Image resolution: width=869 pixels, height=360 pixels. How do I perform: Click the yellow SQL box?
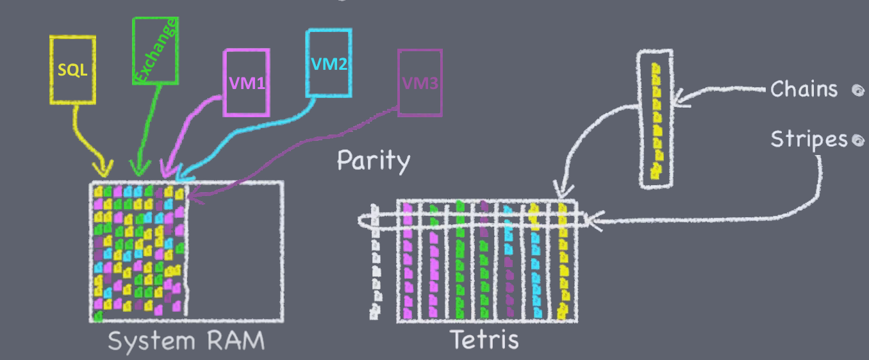pos(72,70)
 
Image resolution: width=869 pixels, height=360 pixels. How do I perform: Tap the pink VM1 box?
pos(244,83)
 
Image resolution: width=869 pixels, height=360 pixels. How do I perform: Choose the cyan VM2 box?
pos(329,63)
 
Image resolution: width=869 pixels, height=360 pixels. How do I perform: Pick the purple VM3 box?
pos(420,83)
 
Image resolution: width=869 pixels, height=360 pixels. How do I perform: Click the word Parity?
pos(373,161)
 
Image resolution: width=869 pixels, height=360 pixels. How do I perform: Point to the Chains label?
pos(804,89)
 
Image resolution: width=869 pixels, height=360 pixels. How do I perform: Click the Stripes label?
pos(808,140)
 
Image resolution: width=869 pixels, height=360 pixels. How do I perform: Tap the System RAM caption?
pos(186,341)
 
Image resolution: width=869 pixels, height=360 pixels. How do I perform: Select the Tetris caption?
pos(484,340)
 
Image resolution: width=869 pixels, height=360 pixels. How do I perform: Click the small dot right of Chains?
pos(856,90)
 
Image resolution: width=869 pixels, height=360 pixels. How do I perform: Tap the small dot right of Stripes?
pos(856,140)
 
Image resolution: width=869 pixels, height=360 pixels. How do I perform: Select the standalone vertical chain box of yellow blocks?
pos(656,119)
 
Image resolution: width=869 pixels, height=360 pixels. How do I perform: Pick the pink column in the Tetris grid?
pos(408,263)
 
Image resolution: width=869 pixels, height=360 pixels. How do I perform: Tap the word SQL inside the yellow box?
pos(72,70)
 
